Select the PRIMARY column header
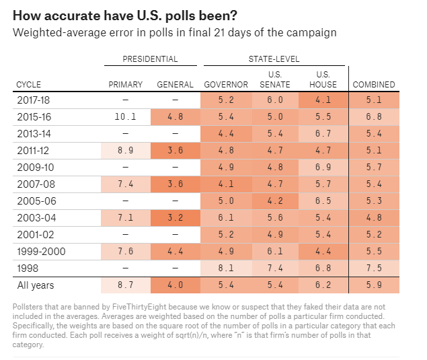click(x=126, y=85)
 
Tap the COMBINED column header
click(x=374, y=85)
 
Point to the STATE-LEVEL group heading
click(x=274, y=59)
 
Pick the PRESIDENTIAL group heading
click(x=150, y=59)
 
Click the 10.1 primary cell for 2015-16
click(x=126, y=116)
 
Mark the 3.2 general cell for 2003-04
click(x=175, y=217)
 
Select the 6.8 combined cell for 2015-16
click(x=374, y=116)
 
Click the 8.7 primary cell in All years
click(x=126, y=285)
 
